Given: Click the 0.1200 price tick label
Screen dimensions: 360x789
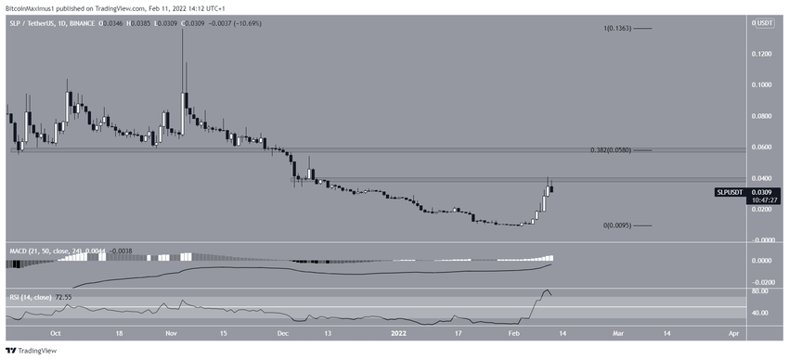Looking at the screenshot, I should click(x=762, y=54).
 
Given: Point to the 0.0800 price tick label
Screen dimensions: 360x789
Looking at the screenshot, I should click(x=762, y=116).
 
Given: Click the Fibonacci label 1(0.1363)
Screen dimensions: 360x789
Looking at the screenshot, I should click(x=617, y=30).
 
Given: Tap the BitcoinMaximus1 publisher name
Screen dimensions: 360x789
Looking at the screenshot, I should click(x=31, y=6).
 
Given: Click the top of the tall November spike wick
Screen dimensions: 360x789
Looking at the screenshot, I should click(x=182, y=29).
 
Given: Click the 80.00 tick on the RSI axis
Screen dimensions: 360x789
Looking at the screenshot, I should click(x=761, y=291).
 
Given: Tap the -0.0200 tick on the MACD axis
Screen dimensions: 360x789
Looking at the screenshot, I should click(x=761, y=281).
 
